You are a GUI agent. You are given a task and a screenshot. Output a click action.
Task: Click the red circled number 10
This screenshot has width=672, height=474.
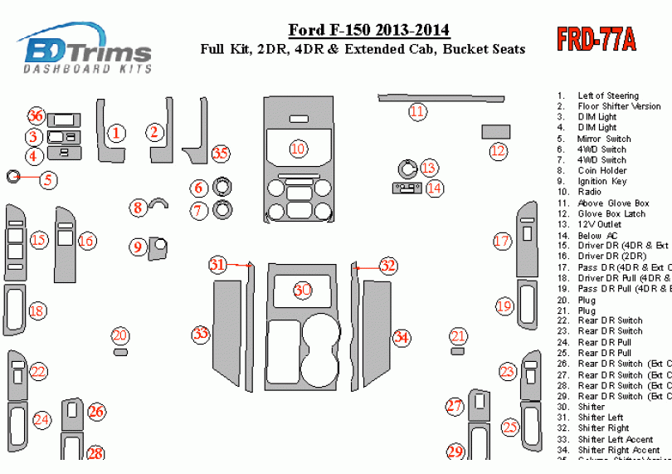(x=298, y=149)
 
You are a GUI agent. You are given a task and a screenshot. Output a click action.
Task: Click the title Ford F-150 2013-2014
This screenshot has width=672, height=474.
(x=368, y=32)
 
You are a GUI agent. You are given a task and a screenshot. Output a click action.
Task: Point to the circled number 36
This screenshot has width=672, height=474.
(x=36, y=115)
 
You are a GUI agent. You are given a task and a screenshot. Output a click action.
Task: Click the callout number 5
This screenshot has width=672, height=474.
(x=48, y=178)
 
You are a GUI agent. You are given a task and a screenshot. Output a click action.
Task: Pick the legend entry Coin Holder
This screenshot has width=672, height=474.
(x=602, y=171)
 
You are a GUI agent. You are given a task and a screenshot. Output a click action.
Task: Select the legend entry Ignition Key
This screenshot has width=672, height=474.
(x=602, y=182)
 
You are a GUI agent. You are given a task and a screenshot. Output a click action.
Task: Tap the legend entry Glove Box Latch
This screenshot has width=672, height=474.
(x=611, y=214)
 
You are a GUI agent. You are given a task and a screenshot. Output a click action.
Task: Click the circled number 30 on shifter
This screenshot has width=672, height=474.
(x=303, y=290)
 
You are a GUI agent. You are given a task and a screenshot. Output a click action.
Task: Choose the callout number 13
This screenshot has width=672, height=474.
(x=429, y=169)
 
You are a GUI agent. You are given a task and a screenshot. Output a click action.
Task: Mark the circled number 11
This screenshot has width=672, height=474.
(x=417, y=111)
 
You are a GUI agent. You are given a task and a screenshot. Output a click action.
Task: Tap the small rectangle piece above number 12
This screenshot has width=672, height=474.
(x=496, y=131)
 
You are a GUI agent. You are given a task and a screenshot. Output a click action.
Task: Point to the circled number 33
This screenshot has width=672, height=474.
(x=201, y=335)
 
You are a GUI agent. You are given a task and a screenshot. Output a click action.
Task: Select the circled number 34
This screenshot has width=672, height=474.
(x=402, y=337)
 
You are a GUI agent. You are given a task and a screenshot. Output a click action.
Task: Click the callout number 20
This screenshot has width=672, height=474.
(x=120, y=335)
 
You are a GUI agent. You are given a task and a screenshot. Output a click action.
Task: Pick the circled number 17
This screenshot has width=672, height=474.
(x=502, y=242)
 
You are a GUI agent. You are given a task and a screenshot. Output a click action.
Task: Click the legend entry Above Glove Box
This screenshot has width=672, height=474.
(x=613, y=203)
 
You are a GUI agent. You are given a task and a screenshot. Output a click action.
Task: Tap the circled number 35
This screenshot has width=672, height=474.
(x=221, y=154)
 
